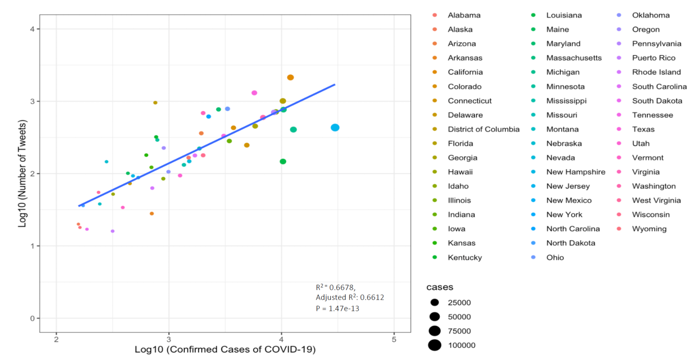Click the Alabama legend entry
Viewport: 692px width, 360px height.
click(464, 15)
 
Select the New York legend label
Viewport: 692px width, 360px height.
click(564, 215)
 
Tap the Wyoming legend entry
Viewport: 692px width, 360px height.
click(649, 229)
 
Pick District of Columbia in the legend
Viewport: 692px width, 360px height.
click(483, 129)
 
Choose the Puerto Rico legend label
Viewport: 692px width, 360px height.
click(653, 58)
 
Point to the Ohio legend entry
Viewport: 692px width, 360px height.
click(555, 258)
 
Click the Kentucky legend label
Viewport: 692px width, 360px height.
click(464, 258)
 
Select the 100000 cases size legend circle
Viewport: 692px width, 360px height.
click(435, 345)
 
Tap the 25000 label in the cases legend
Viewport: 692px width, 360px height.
click(459, 303)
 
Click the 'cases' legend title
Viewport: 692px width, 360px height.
click(439, 287)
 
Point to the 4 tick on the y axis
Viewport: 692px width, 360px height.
click(33, 29)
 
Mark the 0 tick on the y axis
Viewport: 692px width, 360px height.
click(33, 319)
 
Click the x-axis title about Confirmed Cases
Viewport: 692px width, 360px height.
click(225, 350)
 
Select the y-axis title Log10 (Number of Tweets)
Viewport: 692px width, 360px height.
click(22, 173)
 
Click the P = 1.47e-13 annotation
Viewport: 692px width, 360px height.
click(337, 308)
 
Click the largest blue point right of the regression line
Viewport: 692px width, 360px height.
click(335, 128)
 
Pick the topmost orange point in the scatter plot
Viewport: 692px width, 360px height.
click(290, 77)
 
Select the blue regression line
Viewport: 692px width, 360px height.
click(208, 145)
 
